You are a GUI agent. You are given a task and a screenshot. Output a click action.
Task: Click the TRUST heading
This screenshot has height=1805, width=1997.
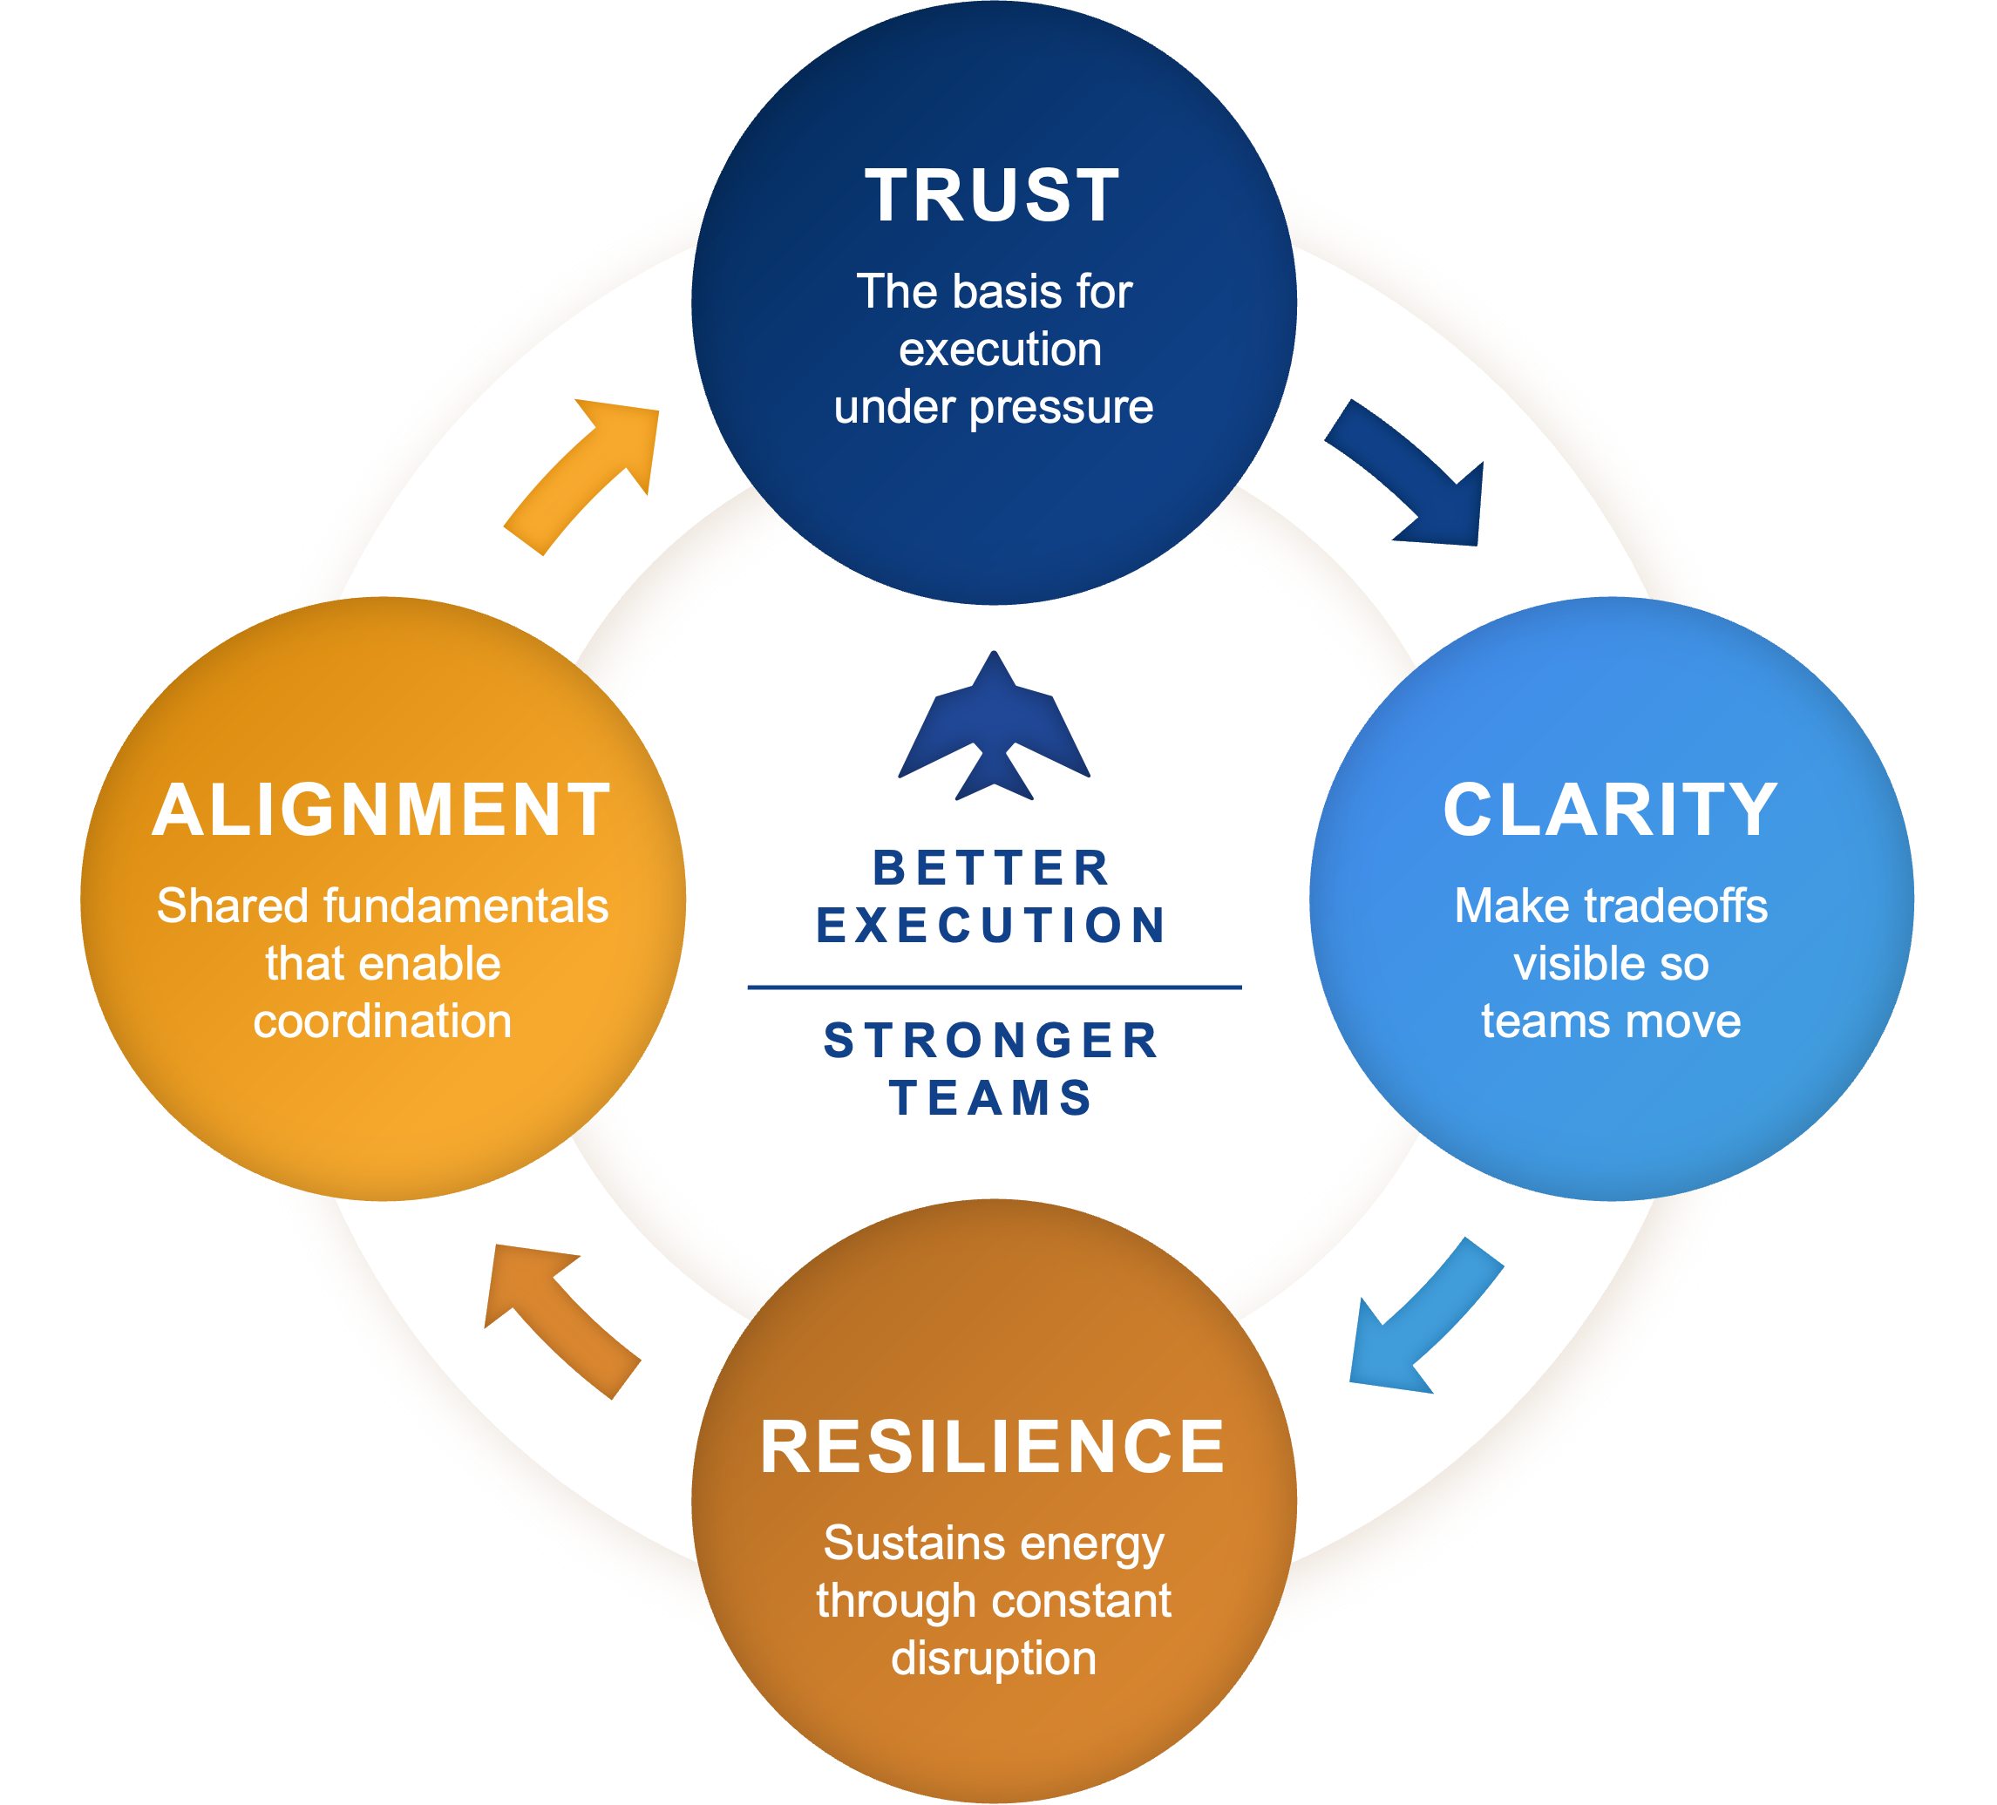[x=993, y=195]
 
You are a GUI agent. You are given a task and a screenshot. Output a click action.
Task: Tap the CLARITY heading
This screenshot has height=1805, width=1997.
[x=1611, y=810]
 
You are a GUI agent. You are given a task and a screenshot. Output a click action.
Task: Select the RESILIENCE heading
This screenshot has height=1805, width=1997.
[x=993, y=1447]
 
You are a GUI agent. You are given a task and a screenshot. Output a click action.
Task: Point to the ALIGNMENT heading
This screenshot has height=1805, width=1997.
[x=383, y=810]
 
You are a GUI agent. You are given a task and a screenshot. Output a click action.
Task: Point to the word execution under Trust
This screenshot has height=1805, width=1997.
[x=1000, y=349]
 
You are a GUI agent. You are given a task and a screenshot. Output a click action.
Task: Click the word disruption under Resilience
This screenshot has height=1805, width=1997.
[x=994, y=1659]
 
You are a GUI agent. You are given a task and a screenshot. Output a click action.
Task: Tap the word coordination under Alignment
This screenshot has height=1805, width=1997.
[x=383, y=1021]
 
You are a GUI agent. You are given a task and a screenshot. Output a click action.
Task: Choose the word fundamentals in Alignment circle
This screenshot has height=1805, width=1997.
[x=465, y=906]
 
